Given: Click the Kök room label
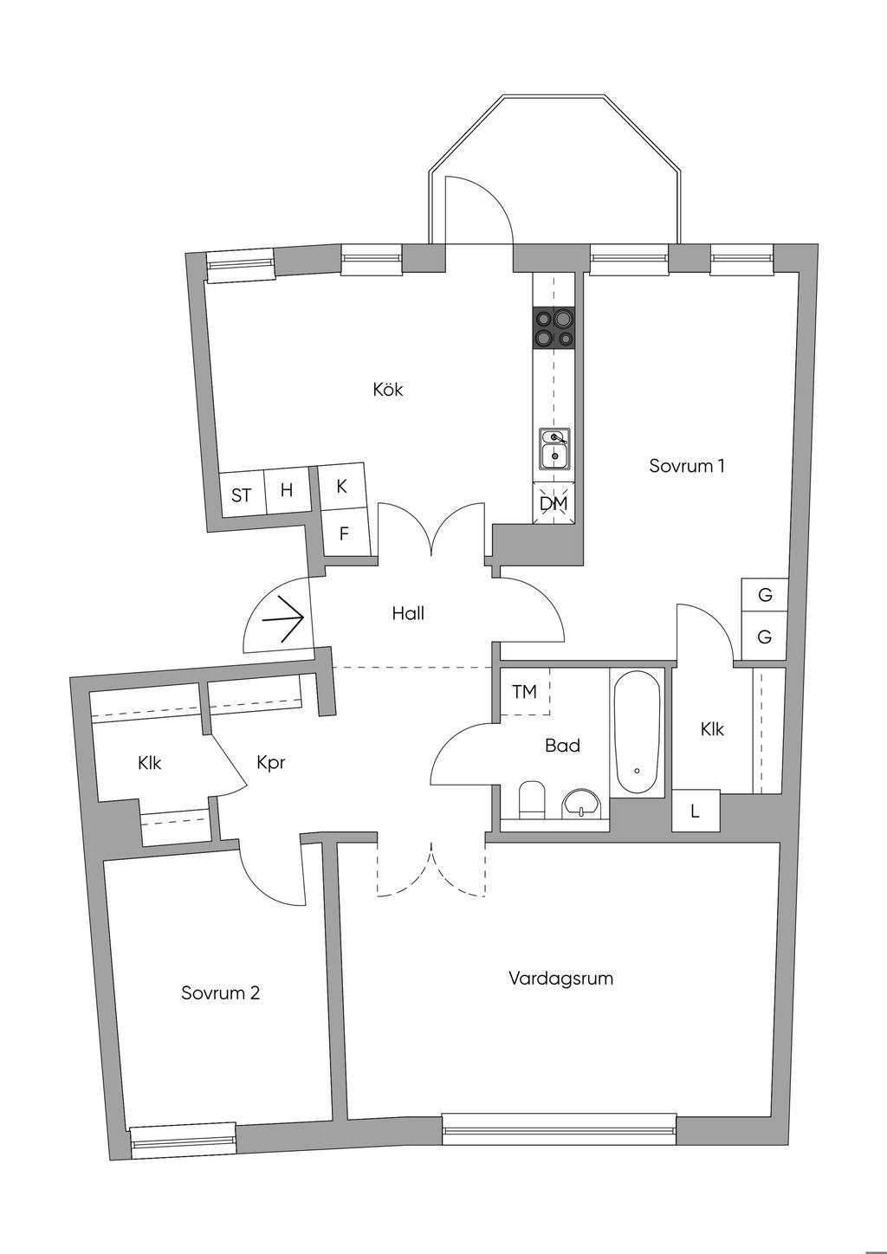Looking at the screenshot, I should coord(388,390).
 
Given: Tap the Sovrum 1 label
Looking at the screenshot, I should coord(686,466).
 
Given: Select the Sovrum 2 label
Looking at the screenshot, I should coord(220,993).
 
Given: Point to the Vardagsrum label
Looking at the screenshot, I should coord(560,979).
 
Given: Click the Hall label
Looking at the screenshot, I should coord(408,614).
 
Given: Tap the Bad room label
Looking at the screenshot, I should coord(562,746).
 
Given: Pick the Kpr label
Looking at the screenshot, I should coord(271,763).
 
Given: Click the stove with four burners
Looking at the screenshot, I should coord(554,329).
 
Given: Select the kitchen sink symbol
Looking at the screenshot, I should coord(554,448).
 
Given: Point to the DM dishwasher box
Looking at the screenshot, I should coord(554,503).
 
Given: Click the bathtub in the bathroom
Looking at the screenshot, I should coord(637,733).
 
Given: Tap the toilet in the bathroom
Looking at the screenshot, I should coord(531,800).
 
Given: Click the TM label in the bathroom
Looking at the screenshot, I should coord(524,692).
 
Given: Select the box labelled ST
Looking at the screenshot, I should coord(241,495).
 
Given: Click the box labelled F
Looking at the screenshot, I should coord(343,534).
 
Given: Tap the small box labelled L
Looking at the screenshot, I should coord(695,812).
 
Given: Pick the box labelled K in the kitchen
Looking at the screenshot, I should coord(341,487).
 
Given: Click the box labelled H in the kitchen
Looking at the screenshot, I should coord(287,491).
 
